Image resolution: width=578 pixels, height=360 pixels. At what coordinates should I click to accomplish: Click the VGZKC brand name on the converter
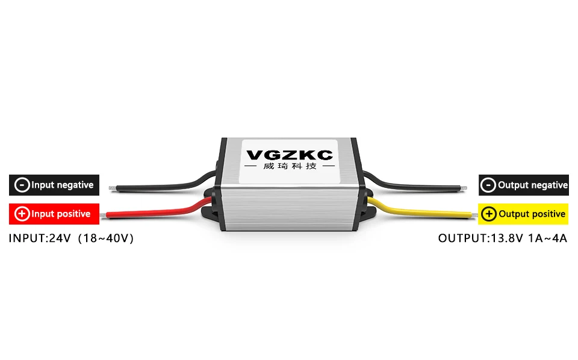point(290,155)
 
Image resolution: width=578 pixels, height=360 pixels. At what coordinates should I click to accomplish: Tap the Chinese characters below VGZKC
point(290,166)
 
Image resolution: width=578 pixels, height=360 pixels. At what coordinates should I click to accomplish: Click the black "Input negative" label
point(54,185)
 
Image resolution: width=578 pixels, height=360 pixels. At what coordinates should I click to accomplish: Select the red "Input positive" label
point(54,214)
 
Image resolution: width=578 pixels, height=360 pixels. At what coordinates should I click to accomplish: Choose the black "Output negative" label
point(524,185)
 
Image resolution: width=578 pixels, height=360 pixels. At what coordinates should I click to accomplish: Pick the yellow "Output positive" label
point(524,214)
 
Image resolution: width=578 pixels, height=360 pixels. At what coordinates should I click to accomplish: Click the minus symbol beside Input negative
point(22,185)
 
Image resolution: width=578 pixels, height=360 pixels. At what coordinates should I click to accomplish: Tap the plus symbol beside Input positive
point(22,214)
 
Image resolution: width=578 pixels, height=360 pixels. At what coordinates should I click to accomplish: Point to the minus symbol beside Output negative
point(489,185)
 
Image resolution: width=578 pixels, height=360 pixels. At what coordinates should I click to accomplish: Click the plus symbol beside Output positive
point(489,214)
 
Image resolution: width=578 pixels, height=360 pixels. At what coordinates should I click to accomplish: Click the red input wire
point(157,210)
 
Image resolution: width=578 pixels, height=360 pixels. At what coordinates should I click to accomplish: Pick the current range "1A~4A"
point(547,238)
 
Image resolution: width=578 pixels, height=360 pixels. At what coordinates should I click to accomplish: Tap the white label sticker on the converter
point(290,161)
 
